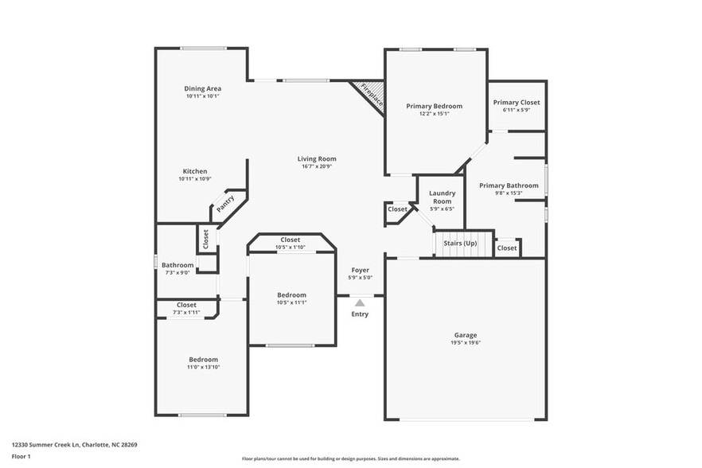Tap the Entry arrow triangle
360,302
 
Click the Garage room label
466,335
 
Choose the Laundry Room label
442,197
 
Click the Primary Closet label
516,102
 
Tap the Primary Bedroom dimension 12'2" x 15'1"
434,113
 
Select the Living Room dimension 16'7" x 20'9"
317,166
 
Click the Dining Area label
203,88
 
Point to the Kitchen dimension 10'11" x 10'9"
195,179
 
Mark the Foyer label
360,270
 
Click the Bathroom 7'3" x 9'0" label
177,265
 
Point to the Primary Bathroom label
509,185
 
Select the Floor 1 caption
21,456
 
